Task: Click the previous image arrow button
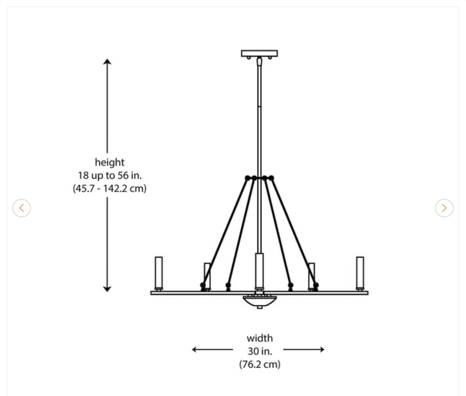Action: click(x=22, y=208)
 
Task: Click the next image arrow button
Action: click(x=444, y=208)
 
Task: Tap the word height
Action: click(x=109, y=162)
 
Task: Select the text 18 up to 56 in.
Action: click(x=110, y=175)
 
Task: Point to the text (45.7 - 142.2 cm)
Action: click(x=110, y=188)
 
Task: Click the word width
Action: click(x=259, y=338)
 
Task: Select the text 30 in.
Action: click(x=260, y=351)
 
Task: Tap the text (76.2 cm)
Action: click(x=260, y=364)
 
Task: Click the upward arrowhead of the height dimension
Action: click(x=107, y=62)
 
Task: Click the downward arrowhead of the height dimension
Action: click(x=107, y=289)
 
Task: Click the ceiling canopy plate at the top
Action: click(x=259, y=53)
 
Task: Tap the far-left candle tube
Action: click(x=159, y=273)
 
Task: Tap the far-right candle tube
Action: click(x=360, y=273)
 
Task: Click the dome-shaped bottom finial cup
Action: click(x=259, y=301)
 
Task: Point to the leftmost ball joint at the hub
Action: click(x=247, y=178)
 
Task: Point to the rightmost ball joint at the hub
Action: click(x=271, y=178)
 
